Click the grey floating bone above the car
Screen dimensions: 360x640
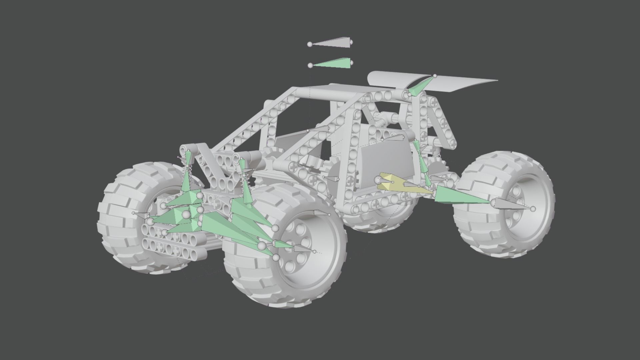click(x=333, y=43)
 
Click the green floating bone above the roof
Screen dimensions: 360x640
click(x=333, y=64)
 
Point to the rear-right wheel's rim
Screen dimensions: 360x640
click(x=520, y=213)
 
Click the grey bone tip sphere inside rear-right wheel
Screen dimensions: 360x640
click(x=533, y=209)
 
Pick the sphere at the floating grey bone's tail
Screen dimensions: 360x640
click(x=310, y=44)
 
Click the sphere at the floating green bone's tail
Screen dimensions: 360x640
click(x=310, y=65)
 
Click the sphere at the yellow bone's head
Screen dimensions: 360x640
click(x=377, y=180)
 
